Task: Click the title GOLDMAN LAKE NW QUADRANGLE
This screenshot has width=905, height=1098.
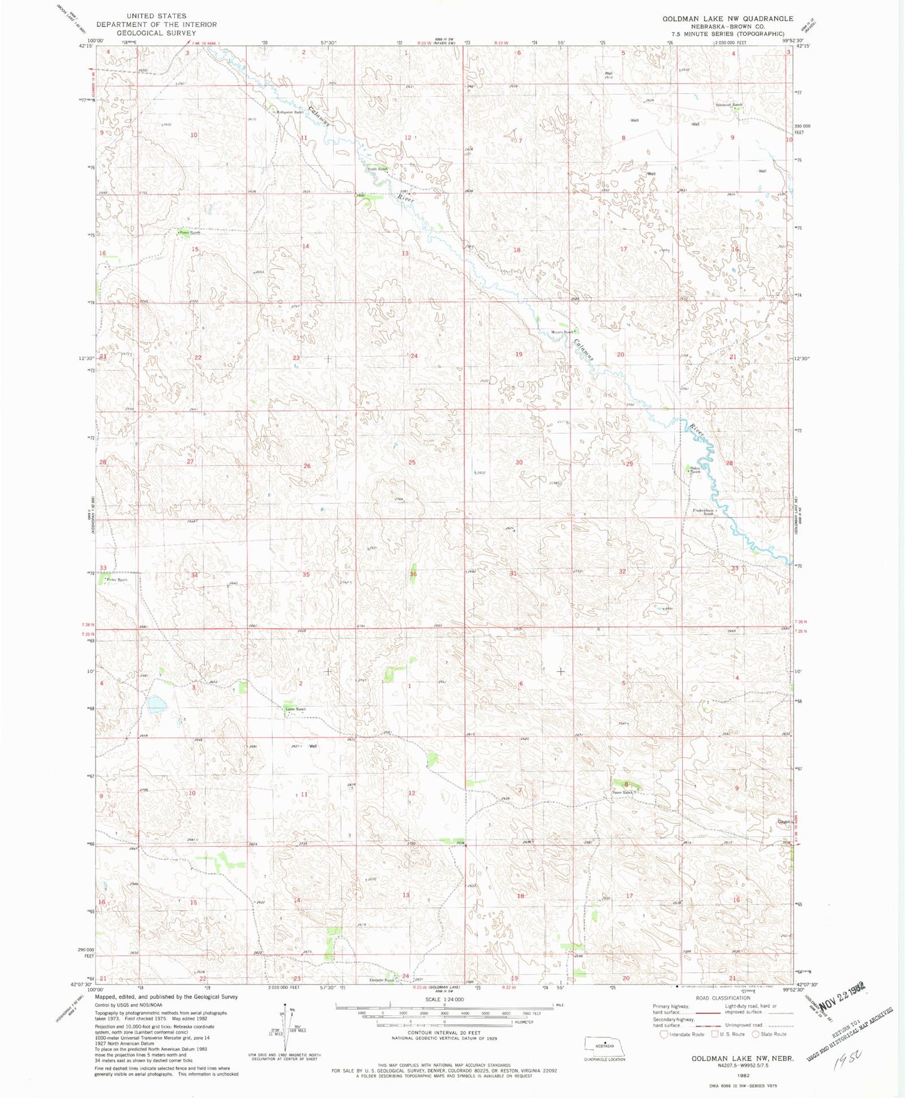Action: click(728, 19)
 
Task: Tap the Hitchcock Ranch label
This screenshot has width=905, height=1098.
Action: click(728, 105)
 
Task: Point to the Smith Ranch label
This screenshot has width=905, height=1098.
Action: click(377, 169)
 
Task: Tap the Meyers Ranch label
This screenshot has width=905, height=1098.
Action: click(562, 332)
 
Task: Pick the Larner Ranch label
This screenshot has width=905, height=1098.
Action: click(295, 709)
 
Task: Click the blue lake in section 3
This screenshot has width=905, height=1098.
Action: click(157, 705)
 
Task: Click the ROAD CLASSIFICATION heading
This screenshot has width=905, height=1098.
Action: click(722, 998)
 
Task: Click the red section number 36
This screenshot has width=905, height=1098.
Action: click(413, 574)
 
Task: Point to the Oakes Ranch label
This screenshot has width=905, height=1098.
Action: click(695, 469)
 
